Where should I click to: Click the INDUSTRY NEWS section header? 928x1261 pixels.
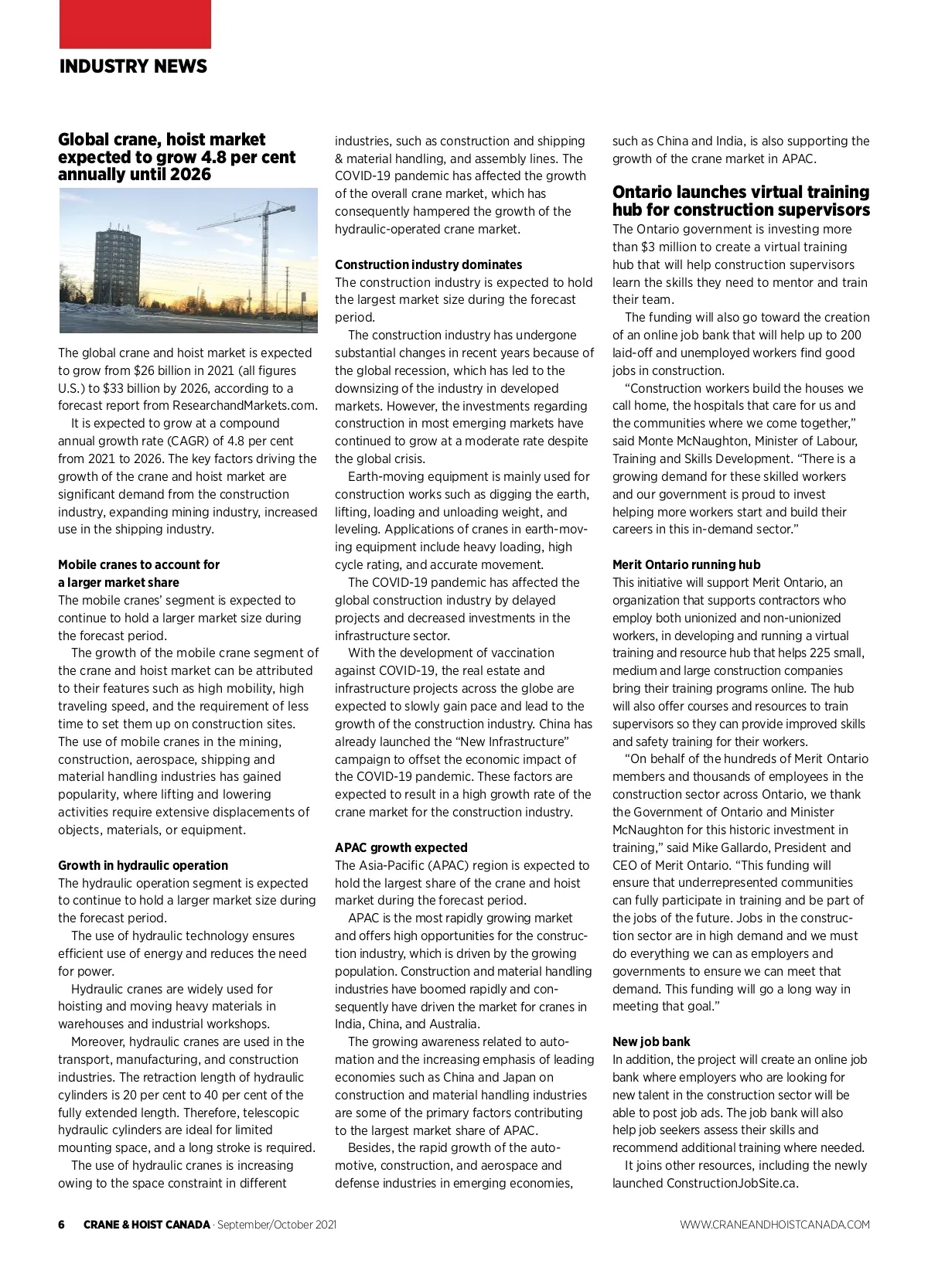[133, 66]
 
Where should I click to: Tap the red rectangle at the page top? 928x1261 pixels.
[135, 24]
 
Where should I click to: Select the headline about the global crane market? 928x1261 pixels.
[176, 157]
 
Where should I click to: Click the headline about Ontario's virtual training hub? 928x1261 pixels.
[741, 201]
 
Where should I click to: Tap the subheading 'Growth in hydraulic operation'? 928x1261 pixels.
[143, 865]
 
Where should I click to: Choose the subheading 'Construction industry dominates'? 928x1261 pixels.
[428, 264]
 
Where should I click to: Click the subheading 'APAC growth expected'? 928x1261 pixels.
[401, 847]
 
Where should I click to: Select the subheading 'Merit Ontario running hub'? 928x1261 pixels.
[686, 564]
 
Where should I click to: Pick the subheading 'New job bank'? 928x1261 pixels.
[651, 1041]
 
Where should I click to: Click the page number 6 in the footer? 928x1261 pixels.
[62, 1225]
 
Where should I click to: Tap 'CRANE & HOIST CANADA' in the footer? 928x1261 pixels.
[147, 1225]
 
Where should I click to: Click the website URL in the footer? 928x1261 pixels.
[775, 1225]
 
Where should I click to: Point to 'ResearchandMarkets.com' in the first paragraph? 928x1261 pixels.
[244, 406]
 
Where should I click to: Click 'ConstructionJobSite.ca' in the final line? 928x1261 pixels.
[732, 1183]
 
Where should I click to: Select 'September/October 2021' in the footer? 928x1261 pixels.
[277, 1225]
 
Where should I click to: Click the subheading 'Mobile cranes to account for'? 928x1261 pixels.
[138, 564]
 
